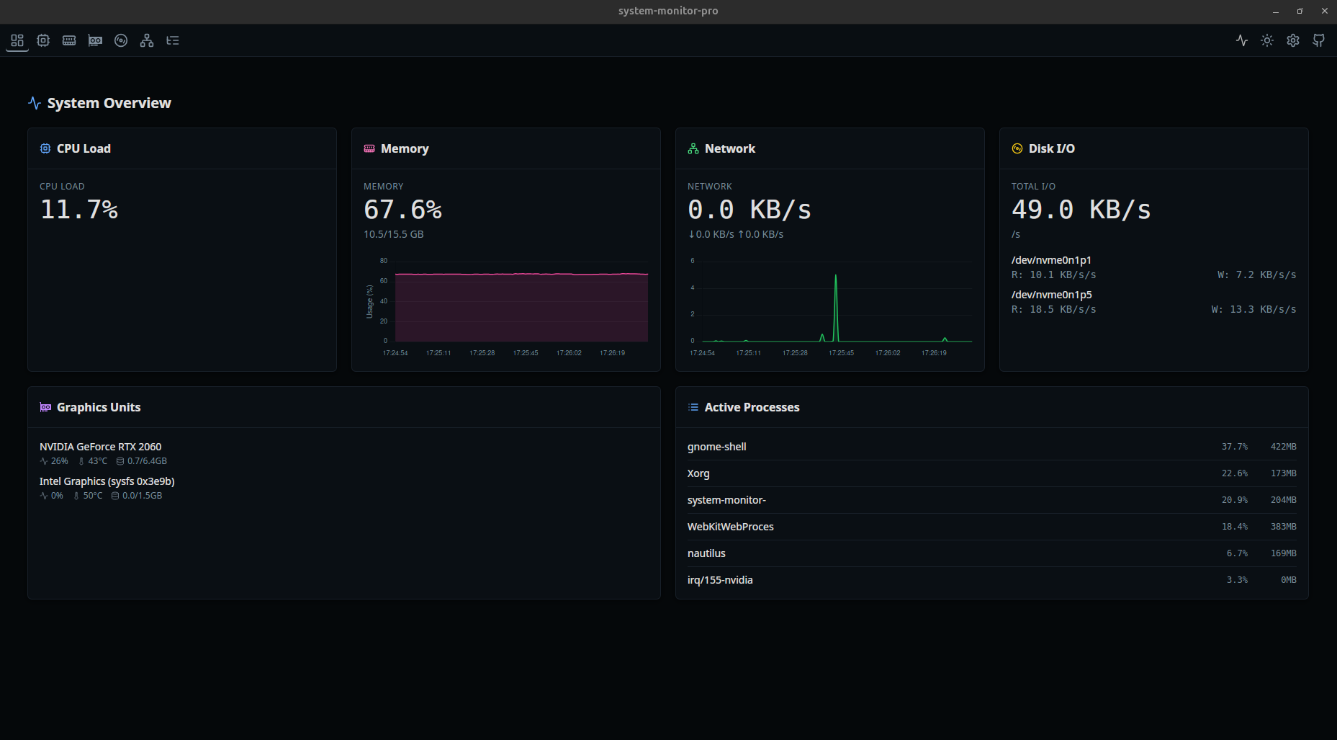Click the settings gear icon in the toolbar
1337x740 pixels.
coord(1292,40)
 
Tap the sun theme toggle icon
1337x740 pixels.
coord(1266,40)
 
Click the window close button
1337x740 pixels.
coord(1324,11)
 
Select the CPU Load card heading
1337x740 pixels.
coord(84,148)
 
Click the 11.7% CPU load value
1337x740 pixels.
coord(79,210)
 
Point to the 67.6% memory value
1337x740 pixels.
coord(402,210)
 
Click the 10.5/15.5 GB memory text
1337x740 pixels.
coord(393,234)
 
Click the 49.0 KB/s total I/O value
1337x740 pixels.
coord(1081,210)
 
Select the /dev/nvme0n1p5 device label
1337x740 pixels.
coord(1051,295)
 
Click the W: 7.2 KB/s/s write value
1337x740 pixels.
coord(1256,275)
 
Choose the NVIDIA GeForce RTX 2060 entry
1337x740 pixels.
coord(100,447)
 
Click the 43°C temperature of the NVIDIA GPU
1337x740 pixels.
coord(97,461)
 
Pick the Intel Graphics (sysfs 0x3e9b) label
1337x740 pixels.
coord(107,481)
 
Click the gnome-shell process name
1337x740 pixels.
coord(716,447)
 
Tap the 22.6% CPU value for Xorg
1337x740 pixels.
coord(1234,473)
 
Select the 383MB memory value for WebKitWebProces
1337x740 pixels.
coord(1283,527)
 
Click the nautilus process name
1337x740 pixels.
coord(706,553)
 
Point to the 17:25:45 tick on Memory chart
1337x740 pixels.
coord(526,353)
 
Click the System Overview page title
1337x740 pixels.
coord(109,103)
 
